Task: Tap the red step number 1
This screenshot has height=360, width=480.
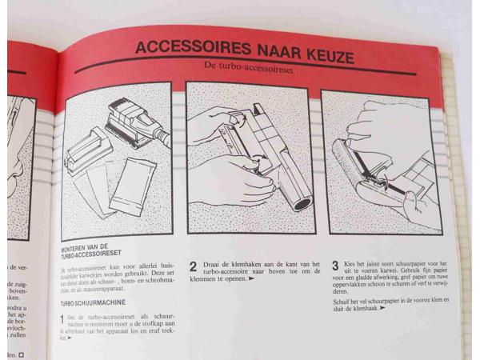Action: point(62,320)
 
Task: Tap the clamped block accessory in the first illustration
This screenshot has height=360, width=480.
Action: point(85,152)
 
